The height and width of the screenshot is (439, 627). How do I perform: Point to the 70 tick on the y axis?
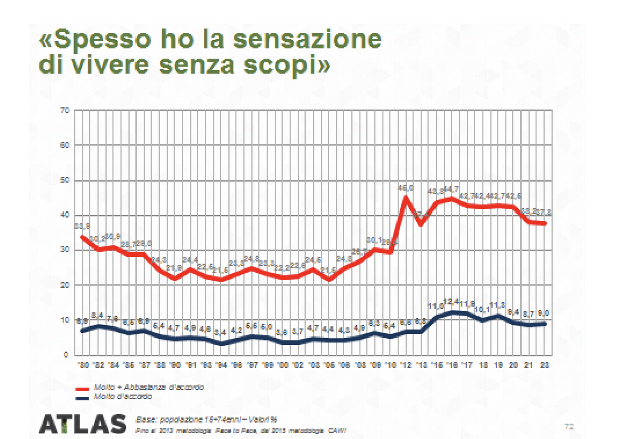(x=66, y=110)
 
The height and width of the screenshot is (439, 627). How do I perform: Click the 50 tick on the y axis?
(x=66, y=180)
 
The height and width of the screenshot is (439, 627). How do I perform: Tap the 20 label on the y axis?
(x=66, y=285)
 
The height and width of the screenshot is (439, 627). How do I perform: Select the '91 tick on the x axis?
(x=191, y=365)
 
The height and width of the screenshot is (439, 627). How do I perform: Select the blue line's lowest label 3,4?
(x=222, y=332)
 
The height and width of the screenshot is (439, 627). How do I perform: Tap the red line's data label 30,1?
(x=374, y=240)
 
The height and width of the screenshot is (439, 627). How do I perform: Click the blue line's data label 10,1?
(x=482, y=309)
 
